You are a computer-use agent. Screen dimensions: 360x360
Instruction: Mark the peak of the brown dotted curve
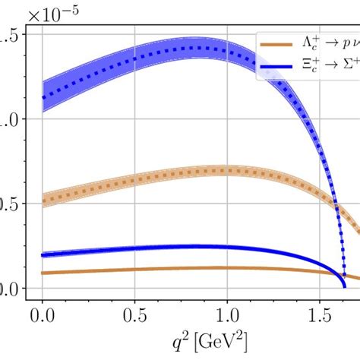tap(220, 170)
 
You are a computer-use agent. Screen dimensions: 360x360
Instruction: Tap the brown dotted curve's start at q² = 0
tap(43, 201)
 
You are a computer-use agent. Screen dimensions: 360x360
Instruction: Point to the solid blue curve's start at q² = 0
tap(43, 254)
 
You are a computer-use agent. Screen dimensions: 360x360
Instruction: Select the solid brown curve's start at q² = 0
tap(43, 273)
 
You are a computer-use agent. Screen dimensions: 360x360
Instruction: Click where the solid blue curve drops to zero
tap(344, 286)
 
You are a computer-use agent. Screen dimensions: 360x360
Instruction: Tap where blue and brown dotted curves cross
tap(335, 204)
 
